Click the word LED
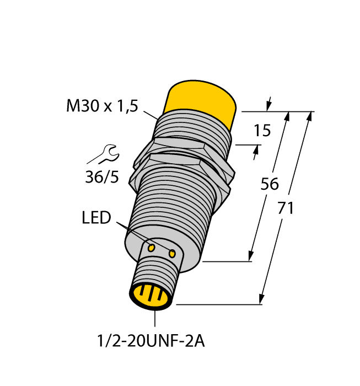coord(96,218)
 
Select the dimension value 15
coord(262,131)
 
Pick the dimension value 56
coord(270,185)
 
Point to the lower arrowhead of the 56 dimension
coord(251,256)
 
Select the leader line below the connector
coord(155,319)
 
